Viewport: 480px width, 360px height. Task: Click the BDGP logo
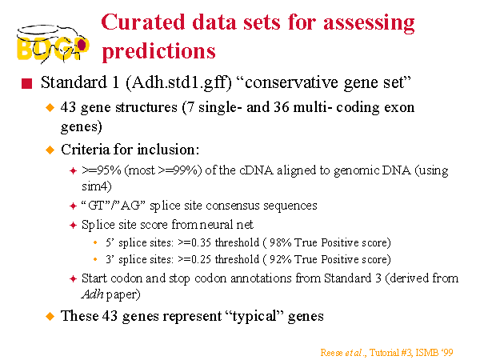coord(53,44)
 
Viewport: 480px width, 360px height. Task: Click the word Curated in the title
coord(143,22)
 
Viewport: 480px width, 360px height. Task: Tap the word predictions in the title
coord(159,51)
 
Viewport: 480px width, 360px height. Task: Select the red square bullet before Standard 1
coord(27,83)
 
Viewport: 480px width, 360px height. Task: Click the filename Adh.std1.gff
coord(178,82)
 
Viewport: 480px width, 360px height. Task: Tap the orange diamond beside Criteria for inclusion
coord(50,150)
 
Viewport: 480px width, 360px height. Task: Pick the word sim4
coord(97,186)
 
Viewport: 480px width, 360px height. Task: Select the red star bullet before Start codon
coord(73,279)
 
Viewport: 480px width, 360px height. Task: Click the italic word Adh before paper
coord(93,294)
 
